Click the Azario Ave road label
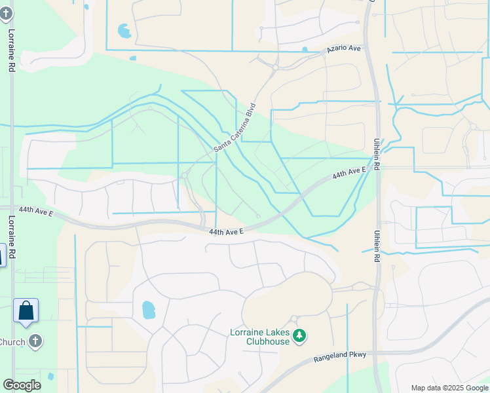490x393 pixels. click(344, 49)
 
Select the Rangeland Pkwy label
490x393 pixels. click(339, 355)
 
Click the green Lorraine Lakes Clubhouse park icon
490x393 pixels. click(299, 336)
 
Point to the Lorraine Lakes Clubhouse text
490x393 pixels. click(259, 337)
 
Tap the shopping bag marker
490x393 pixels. click(26, 310)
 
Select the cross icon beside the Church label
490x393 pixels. click(35, 341)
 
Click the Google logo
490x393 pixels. click(22, 384)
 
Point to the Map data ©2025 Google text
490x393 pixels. click(449, 388)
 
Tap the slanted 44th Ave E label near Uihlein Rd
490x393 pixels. click(348, 174)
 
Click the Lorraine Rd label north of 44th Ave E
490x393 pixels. click(11, 41)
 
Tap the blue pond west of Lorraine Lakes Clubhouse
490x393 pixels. click(149, 309)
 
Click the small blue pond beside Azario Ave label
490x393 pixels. click(305, 49)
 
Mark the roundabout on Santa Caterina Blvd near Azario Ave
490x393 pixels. click(276, 67)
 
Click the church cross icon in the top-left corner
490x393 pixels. click(7, 13)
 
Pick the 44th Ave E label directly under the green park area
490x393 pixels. click(227, 232)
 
